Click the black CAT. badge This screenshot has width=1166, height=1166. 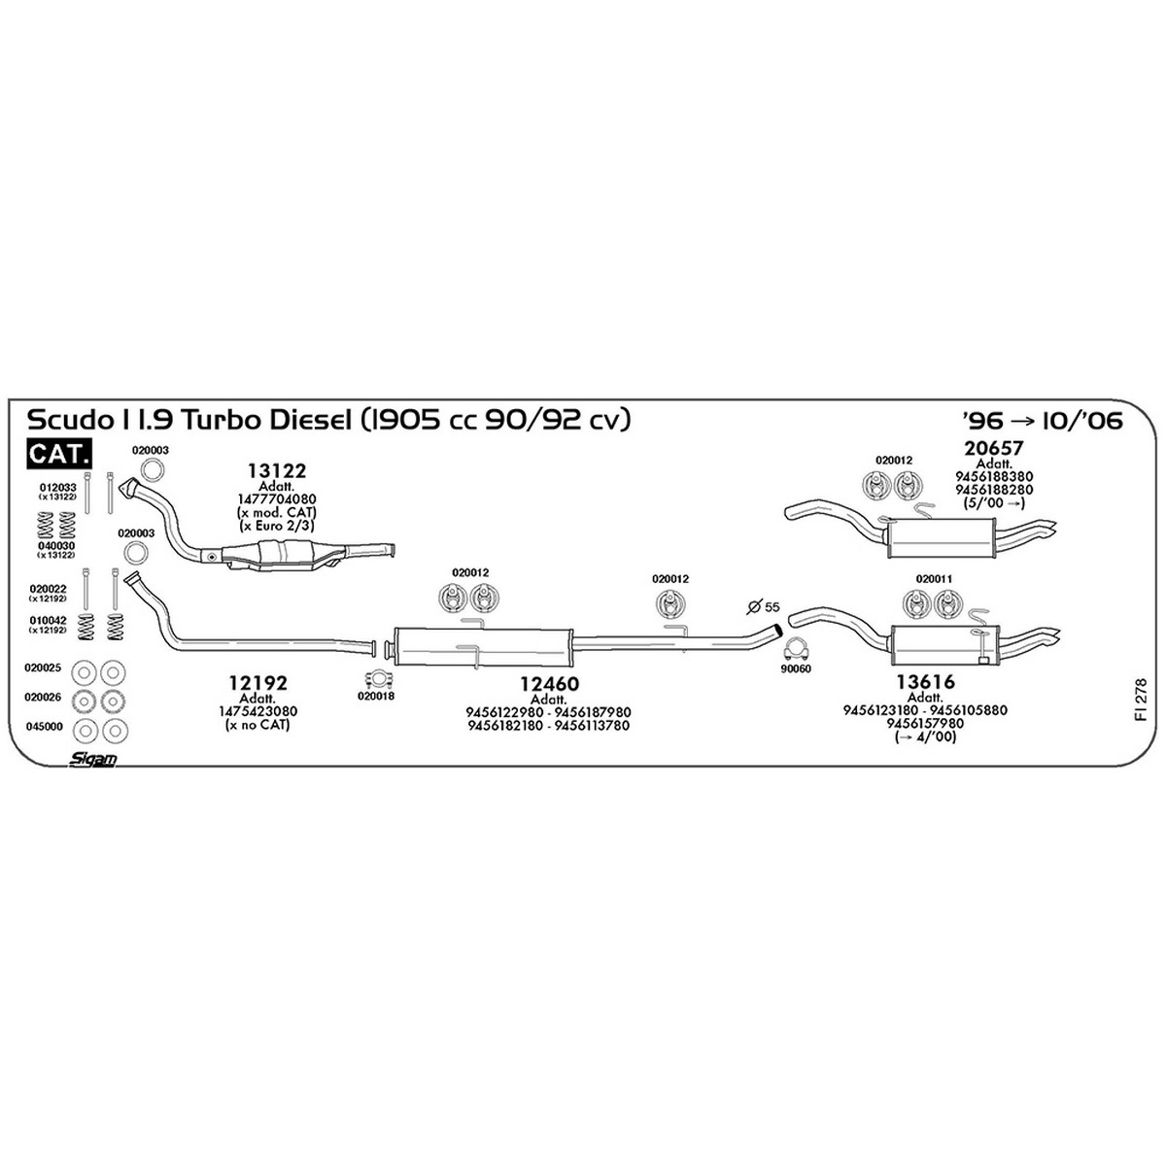tap(59, 454)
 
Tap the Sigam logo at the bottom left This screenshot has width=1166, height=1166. tap(92, 760)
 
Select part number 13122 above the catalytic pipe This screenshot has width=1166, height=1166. tap(277, 470)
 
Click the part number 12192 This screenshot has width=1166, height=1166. tap(257, 683)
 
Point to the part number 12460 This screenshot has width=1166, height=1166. tap(549, 684)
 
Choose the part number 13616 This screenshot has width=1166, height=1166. tap(925, 682)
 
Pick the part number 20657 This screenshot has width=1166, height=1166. tap(994, 448)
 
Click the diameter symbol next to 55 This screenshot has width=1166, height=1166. tap(754, 606)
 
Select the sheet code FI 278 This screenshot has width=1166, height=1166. tap(1141, 699)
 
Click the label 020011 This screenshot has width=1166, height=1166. tap(934, 579)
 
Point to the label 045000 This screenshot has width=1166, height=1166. tap(44, 726)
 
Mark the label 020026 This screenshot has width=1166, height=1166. tap(43, 697)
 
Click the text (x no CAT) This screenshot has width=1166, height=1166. tap(257, 724)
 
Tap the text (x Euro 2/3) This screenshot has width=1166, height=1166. tap(277, 526)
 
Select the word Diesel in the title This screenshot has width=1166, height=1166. tap(310, 420)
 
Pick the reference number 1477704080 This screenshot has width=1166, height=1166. tap(277, 499)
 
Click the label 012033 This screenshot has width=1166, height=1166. tap(58, 487)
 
